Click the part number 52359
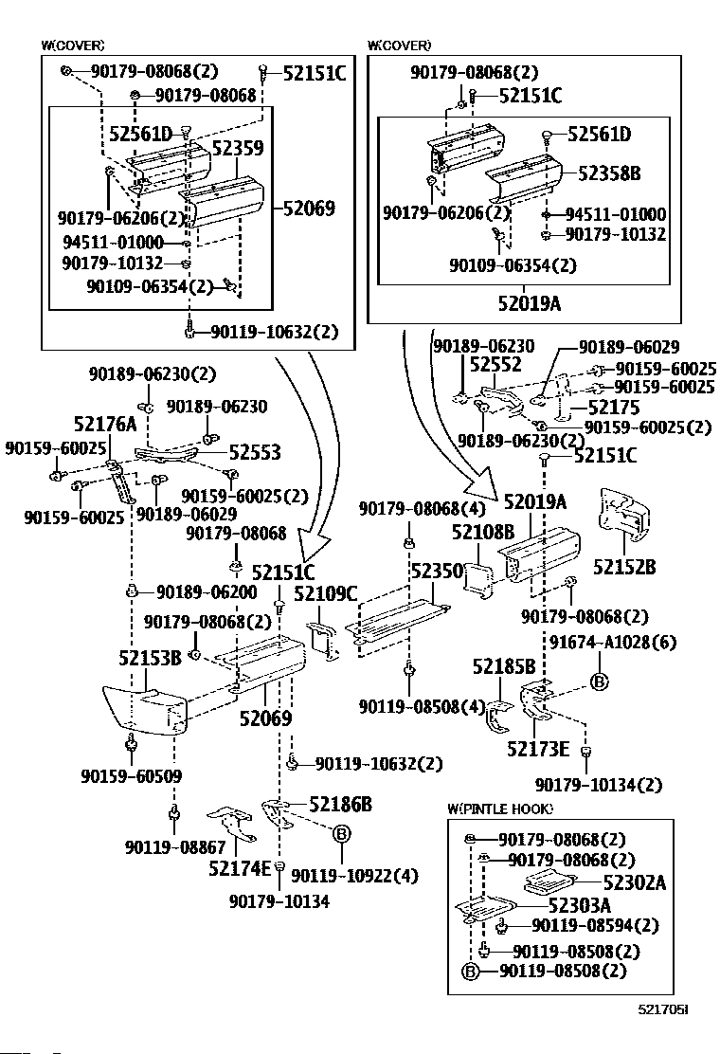click(237, 148)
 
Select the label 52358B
click(609, 173)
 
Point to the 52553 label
click(255, 453)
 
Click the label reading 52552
click(496, 365)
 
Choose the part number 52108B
click(482, 534)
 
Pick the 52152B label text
click(625, 567)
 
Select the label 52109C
click(325, 594)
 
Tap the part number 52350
click(437, 571)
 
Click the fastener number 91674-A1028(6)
click(612, 643)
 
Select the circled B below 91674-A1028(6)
click(599, 681)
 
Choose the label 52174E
click(240, 866)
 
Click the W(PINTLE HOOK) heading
click(500, 809)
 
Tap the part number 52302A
click(634, 883)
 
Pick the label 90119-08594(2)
click(594, 925)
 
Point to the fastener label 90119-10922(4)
click(354, 875)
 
